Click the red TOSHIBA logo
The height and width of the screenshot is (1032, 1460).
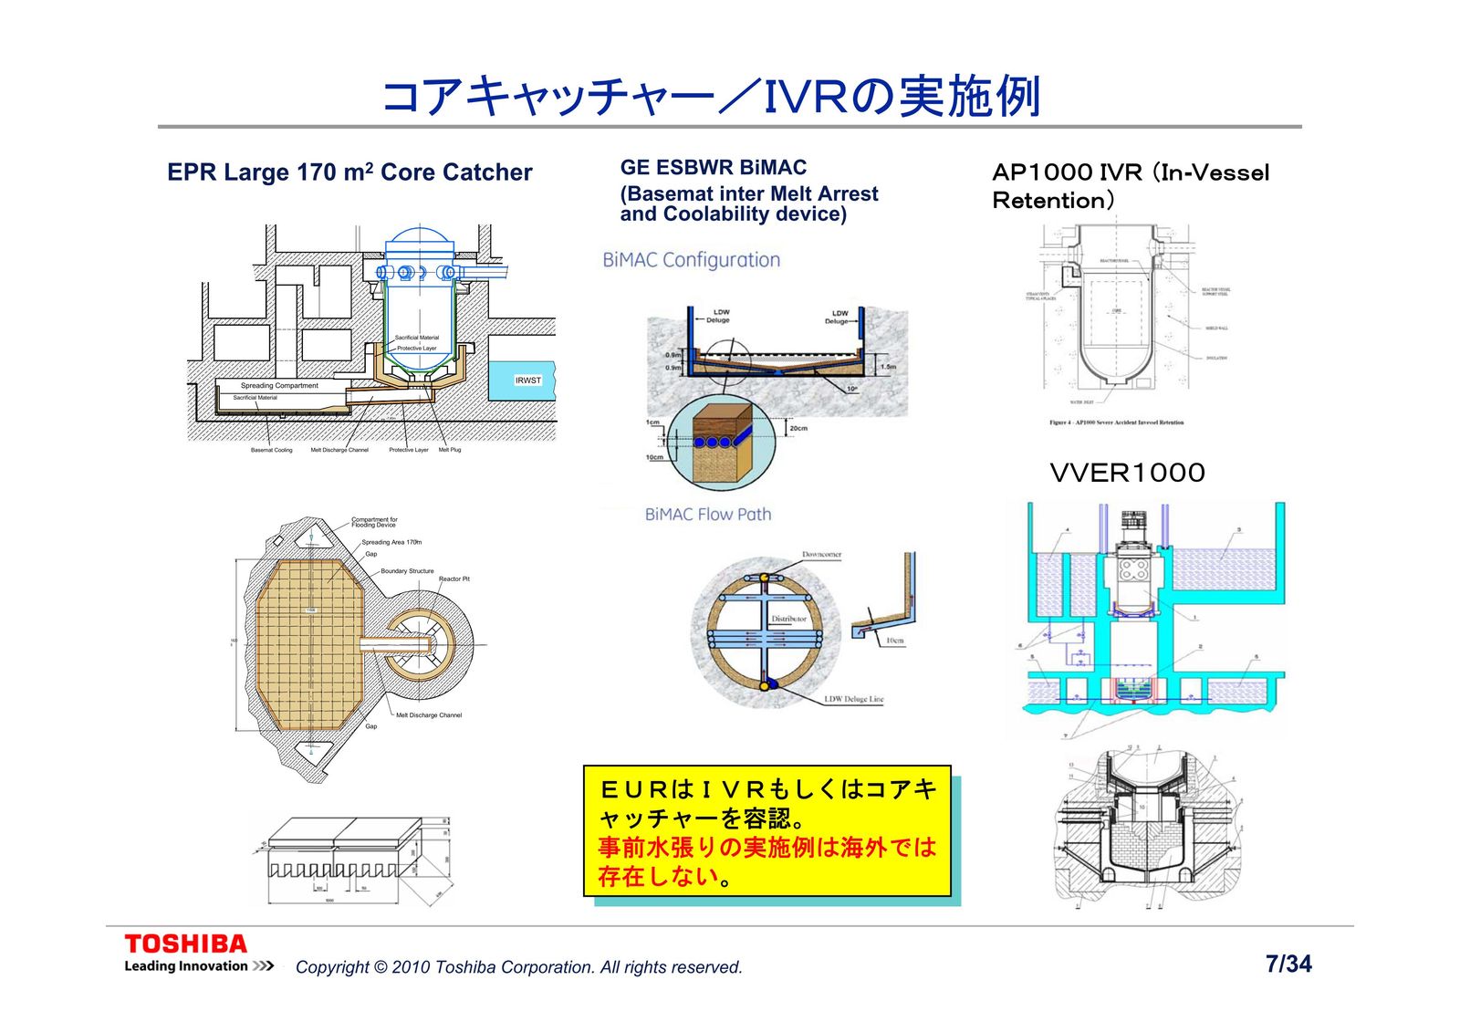(185, 943)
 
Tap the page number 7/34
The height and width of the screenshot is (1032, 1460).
(1288, 964)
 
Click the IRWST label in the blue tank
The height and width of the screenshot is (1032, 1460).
(527, 380)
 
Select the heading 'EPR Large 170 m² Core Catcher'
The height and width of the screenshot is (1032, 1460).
(349, 172)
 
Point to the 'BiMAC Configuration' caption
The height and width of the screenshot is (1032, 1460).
(691, 260)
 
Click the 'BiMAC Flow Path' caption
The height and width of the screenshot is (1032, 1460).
(707, 515)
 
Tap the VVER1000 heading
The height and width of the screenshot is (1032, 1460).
(1127, 473)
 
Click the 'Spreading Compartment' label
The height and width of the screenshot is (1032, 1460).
(279, 386)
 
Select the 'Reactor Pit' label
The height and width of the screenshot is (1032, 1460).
(454, 579)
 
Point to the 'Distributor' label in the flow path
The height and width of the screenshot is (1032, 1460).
(788, 619)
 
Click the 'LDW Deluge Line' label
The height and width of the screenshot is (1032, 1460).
(853, 700)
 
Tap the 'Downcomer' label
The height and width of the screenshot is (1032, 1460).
(821, 555)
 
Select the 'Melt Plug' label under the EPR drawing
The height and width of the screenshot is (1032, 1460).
(450, 450)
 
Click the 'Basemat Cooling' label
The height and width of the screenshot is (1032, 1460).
(271, 450)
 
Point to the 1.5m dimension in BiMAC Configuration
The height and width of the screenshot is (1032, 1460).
(887, 367)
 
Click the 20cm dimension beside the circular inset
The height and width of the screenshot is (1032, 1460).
(798, 428)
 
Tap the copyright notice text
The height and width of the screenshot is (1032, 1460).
(518, 967)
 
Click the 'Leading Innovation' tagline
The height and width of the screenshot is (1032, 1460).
(186, 966)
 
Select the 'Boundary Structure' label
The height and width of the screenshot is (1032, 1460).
(407, 571)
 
